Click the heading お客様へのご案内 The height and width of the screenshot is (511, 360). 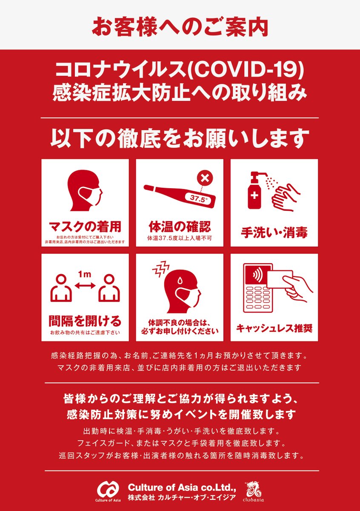click(180, 27)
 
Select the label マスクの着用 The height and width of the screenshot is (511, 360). click(85, 227)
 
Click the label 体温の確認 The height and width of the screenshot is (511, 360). click(180, 227)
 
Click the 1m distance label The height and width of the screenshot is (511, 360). click(85, 274)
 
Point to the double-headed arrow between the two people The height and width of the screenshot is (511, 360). click(85, 285)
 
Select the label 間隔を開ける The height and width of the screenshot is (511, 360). click(85, 321)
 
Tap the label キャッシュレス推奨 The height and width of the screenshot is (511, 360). click(274, 328)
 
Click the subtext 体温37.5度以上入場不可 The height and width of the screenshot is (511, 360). click(180, 238)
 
